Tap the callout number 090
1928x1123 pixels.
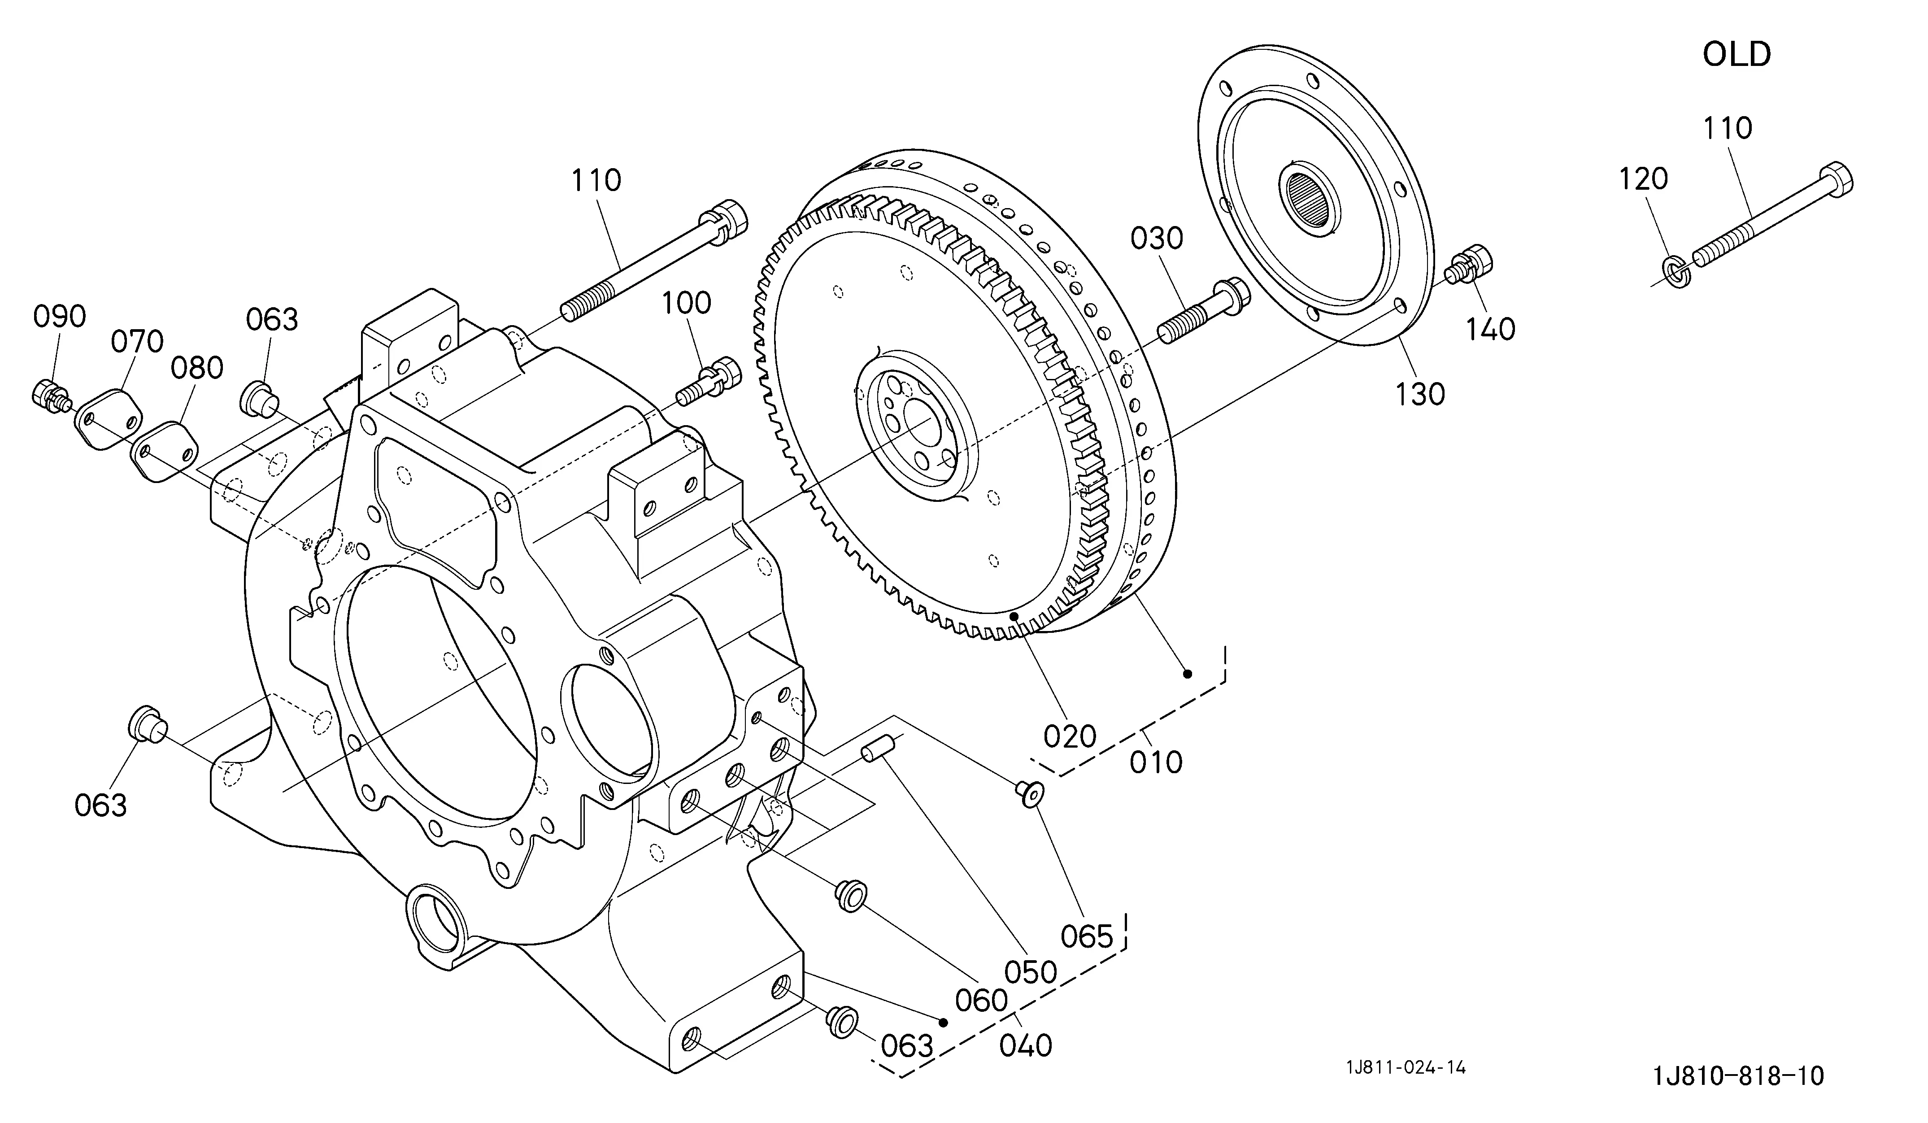coord(60,316)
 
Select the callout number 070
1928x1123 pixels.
coord(138,341)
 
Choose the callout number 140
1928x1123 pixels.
coord(1490,330)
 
